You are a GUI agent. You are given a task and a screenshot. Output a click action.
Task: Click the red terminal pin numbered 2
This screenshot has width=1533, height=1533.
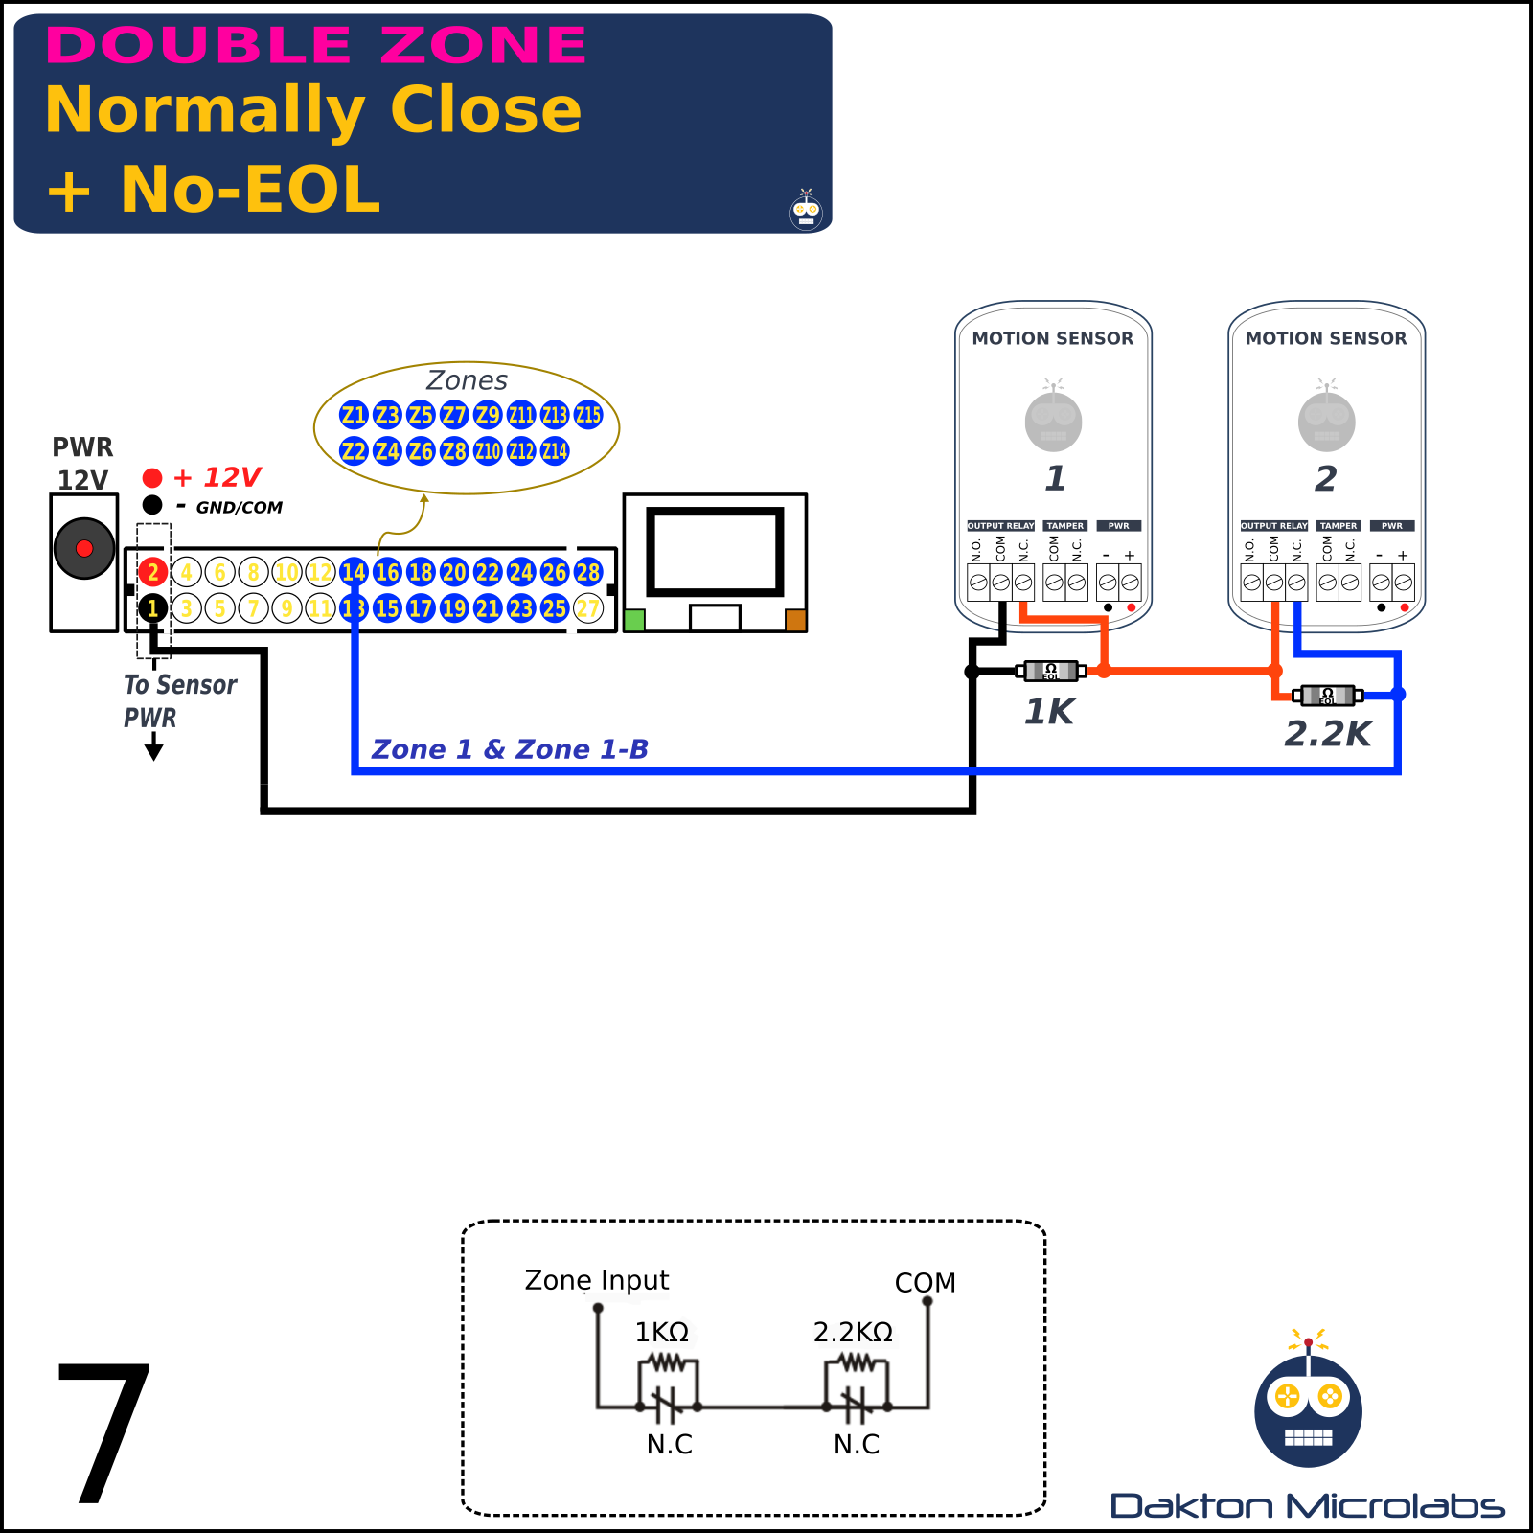click(152, 572)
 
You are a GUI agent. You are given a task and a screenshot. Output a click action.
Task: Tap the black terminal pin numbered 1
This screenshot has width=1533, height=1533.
click(152, 607)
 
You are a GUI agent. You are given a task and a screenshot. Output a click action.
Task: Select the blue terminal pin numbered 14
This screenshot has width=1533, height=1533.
click(354, 572)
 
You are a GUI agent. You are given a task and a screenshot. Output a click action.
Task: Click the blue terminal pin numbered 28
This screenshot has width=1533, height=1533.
click(588, 572)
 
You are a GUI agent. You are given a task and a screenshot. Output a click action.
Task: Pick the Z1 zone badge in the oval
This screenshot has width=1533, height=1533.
click(354, 415)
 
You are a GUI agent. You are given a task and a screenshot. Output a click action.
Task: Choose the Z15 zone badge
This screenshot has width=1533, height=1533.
click(588, 415)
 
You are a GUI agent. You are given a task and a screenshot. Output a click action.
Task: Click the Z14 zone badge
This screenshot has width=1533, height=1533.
click(555, 450)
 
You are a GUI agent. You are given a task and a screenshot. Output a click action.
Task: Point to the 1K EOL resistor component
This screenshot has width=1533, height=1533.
click(1050, 671)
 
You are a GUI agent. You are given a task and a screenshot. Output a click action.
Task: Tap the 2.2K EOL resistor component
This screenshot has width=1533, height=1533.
click(1327, 695)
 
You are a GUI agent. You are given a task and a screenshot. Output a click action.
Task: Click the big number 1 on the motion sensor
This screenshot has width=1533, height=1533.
click(1054, 478)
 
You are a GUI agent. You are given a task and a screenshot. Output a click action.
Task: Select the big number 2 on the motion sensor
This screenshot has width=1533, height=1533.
click(1326, 478)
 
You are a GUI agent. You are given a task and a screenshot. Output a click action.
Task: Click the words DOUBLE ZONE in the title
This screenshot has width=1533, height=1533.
click(316, 45)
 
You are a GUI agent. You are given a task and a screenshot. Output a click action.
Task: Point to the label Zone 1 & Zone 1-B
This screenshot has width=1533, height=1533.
click(510, 749)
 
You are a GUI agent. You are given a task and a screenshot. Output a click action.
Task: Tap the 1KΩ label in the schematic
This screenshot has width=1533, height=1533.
click(662, 1332)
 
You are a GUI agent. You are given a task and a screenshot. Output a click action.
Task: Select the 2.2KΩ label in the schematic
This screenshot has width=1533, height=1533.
click(853, 1332)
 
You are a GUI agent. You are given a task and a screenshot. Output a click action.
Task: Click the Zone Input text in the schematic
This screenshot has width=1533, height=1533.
click(596, 1280)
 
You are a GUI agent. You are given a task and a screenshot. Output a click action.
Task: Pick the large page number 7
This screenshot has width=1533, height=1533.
click(103, 1431)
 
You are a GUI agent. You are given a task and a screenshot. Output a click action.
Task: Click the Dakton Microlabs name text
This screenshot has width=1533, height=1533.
click(1307, 1506)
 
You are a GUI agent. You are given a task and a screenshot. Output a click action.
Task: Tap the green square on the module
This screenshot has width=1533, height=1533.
click(633, 620)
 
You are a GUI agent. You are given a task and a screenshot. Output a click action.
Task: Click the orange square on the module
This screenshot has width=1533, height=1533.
click(795, 620)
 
